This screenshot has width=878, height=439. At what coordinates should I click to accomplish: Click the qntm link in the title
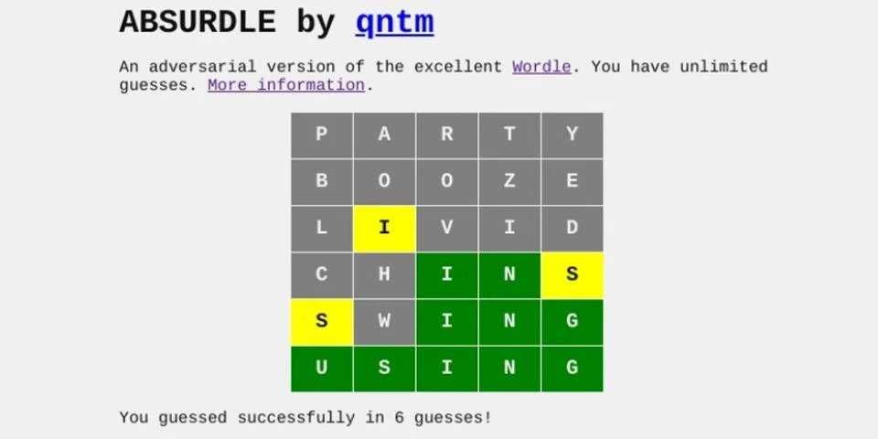click(x=394, y=23)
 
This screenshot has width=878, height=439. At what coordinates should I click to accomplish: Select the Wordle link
click(x=541, y=67)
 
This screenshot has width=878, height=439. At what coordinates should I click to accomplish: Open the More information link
click(x=286, y=85)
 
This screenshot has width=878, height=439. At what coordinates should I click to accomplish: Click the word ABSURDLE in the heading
click(x=198, y=22)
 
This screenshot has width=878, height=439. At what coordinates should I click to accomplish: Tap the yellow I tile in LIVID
click(x=384, y=229)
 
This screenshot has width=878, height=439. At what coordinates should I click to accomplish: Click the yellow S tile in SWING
click(x=321, y=322)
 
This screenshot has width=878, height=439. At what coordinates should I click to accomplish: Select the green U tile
click(x=321, y=369)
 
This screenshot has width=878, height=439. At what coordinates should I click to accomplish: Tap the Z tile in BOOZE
click(x=509, y=181)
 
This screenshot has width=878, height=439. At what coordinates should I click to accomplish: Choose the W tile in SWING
click(x=384, y=322)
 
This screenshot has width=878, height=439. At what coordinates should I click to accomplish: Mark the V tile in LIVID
click(x=447, y=229)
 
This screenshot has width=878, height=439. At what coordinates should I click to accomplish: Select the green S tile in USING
click(x=384, y=369)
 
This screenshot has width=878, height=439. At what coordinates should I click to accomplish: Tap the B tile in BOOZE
click(x=321, y=181)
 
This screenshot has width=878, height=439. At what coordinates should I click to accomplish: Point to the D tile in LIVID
click(x=572, y=229)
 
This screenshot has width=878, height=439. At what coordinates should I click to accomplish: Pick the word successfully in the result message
click(x=296, y=418)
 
